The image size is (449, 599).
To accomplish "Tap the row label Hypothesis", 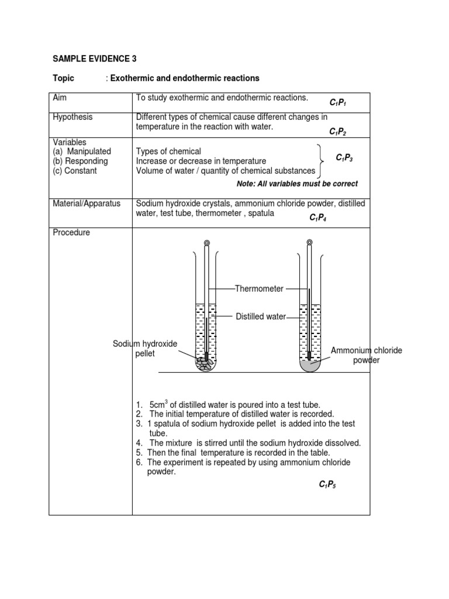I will (x=72, y=117).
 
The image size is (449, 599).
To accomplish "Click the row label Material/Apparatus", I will (x=87, y=204).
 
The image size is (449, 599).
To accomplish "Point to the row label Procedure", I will (x=71, y=232).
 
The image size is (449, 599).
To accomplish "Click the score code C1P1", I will (x=339, y=103).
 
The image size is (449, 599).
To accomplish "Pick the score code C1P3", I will (x=345, y=159).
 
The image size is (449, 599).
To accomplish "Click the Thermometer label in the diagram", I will (x=259, y=289).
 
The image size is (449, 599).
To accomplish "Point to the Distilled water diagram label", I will (x=261, y=316).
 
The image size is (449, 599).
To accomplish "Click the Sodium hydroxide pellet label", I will (x=145, y=349).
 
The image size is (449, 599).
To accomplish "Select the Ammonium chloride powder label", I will (x=367, y=355).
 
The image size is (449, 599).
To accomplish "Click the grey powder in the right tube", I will (x=309, y=364).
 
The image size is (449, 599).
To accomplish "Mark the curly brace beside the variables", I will (x=320, y=161).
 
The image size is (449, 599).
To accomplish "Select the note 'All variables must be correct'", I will (x=297, y=184).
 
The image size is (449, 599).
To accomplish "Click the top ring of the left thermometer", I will (x=207, y=242).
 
